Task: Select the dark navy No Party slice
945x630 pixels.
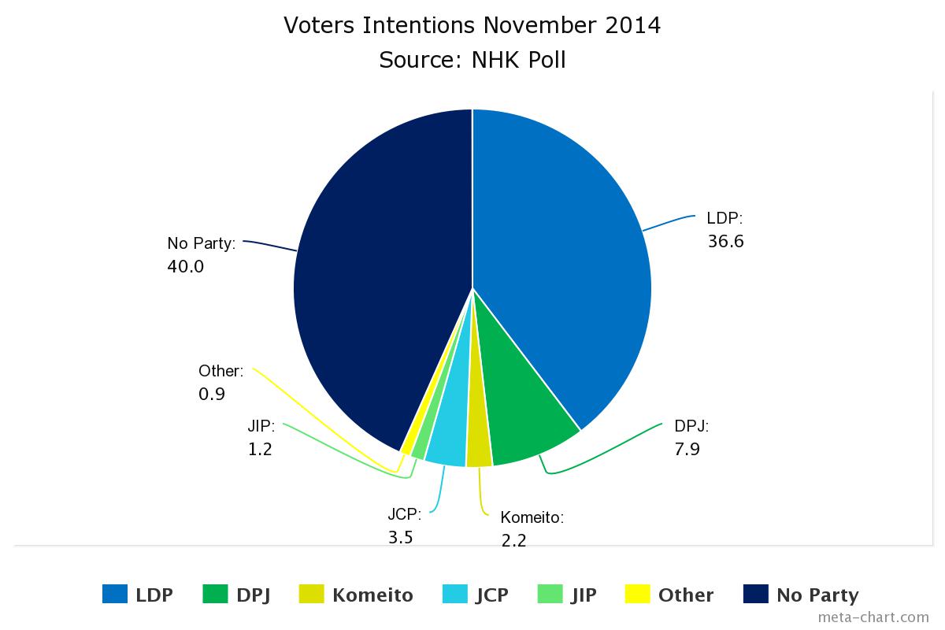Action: pyautogui.click(x=378, y=276)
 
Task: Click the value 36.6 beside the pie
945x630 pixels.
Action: pyautogui.click(x=725, y=242)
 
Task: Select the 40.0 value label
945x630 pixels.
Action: pyautogui.click(x=185, y=267)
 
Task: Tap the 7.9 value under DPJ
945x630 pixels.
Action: pyautogui.click(x=687, y=450)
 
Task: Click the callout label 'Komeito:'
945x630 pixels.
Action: pyautogui.click(x=532, y=517)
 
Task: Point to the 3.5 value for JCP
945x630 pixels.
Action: pyautogui.click(x=400, y=538)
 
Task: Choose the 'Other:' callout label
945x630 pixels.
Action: pyautogui.click(x=220, y=371)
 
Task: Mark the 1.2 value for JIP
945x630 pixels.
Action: pyautogui.click(x=259, y=450)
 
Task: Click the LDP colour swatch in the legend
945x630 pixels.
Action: pyautogui.click(x=115, y=594)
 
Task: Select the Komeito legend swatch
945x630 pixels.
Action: pyautogui.click(x=312, y=594)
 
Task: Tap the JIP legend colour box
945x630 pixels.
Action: pyautogui.click(x=550, y=594)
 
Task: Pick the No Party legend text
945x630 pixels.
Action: pyautogui.click(x=817, y=595)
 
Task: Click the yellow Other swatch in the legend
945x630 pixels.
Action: pyautogui.click(x=637, y=594)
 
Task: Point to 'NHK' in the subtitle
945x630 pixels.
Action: pyautogui.click(x=498, y=60)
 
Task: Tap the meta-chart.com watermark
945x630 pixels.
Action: pyautogui.click(x=873, y=617)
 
